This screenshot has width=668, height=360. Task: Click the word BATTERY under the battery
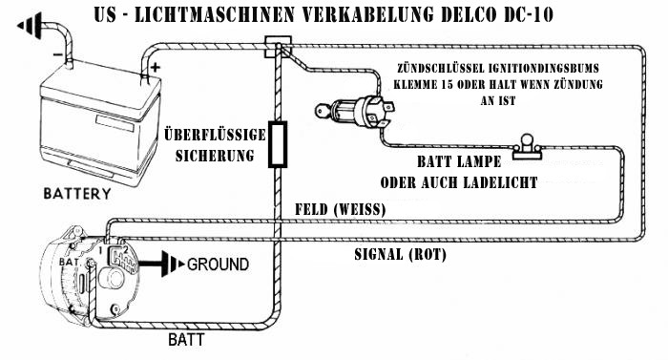(77, 194)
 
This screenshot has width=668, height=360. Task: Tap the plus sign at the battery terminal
(155, 67)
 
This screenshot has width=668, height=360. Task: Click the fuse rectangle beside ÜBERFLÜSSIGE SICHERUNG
(278, 144)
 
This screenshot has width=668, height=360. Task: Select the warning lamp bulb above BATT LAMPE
(527, 146)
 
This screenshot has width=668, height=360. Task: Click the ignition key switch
(353, 112)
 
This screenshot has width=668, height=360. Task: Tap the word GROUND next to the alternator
(219, 265)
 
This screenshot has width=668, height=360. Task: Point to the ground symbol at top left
(30, 26)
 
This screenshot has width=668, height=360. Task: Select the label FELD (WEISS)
(341, 209)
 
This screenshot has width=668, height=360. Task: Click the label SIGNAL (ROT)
(401, 255)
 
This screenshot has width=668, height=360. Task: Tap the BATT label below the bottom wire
(186, 340)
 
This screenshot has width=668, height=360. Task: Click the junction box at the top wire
(279, 47)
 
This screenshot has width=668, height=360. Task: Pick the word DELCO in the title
(469, 14)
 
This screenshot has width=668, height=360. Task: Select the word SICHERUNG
(215, 156)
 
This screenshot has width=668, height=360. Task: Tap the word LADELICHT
(500, 182)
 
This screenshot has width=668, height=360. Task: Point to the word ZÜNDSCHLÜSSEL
(440, 68)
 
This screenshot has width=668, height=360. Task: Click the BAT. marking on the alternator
(70, 262)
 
